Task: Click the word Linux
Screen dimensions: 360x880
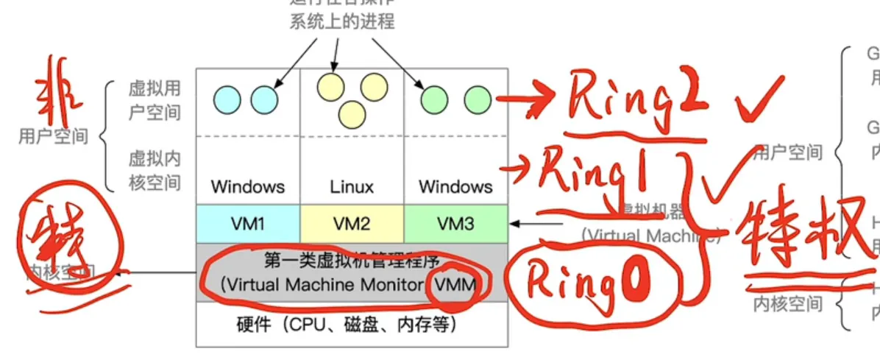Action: click(x=352, y=187)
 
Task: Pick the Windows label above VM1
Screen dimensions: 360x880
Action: click(x=248, y=187)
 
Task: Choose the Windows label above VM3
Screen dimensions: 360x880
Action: click(x=455, y=187)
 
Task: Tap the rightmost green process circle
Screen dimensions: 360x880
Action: click(x=478, y=99)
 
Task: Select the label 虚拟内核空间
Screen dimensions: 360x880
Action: click(x=155, y=170)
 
